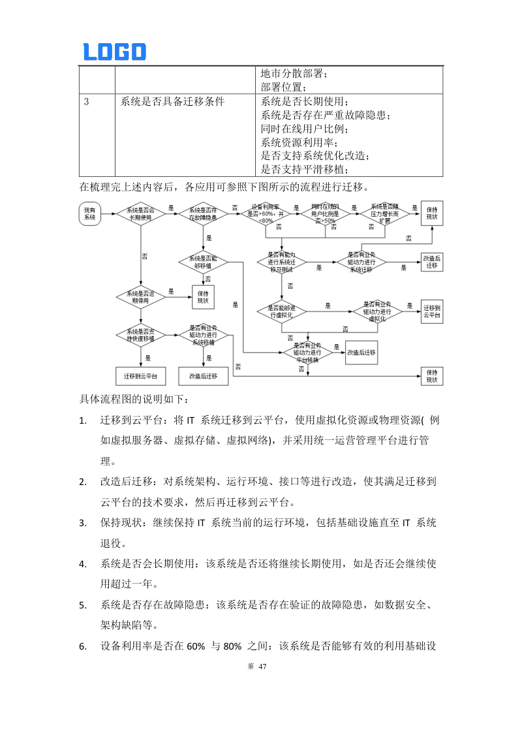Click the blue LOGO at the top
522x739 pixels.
click(114, 52)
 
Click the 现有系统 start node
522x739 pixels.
click(89, 213)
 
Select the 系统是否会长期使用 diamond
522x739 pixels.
click(140, 213)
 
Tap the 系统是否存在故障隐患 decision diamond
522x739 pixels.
click(204, 213)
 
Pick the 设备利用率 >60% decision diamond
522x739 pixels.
click(266, 213)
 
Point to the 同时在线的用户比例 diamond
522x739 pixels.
click(325, 214)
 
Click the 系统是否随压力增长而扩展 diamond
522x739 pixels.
click(385, 213)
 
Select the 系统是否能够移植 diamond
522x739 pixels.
click(204, 262)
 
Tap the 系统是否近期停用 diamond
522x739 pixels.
click(140, 297)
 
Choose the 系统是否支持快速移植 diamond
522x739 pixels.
click(140, 335)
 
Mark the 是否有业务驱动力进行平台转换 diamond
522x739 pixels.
click(307, 352)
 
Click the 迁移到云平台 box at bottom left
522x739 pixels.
click(140, 377)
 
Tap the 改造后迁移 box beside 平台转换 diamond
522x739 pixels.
click(361, 352)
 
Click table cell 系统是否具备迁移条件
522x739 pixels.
click(172, 102)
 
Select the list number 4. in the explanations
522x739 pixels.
click(83, 564)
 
